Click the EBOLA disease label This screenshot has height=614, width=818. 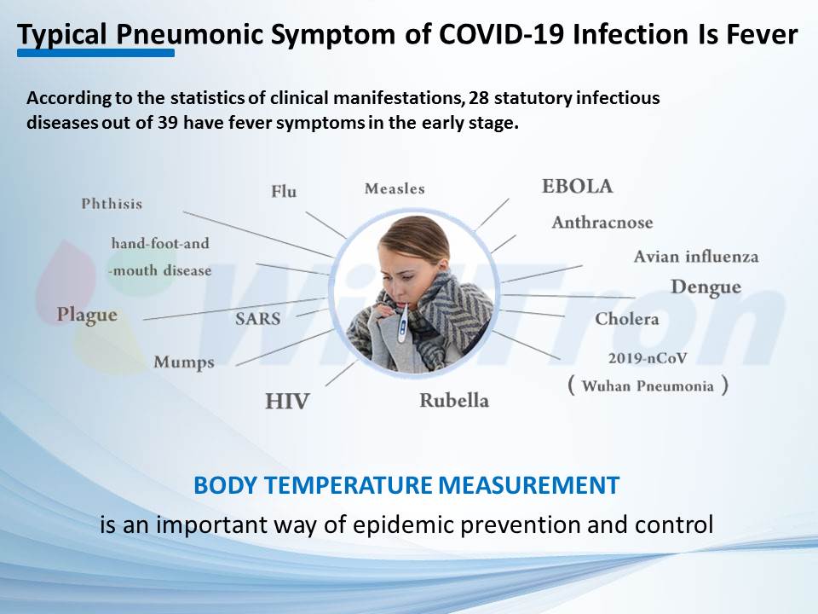point(577,187)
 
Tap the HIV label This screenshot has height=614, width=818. point(287,402)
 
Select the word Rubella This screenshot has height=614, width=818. point(454,401)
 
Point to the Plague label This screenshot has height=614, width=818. point(87,315)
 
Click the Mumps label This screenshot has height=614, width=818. point(184,362)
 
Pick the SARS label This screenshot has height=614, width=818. point(257,318)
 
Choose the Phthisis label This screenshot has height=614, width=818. point(112,204)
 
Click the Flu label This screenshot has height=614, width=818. point(284,191)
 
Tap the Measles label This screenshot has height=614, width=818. point(395,188)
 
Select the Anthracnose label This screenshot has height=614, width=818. point(602,223)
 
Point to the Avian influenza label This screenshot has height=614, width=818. point(696,257)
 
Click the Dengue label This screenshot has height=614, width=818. point(706,287)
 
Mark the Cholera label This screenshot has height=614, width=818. point(627,318)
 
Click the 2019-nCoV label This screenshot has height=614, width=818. point(648,358)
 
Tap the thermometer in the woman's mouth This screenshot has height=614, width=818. point(403,321)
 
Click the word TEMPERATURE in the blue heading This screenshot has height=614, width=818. point(349,485)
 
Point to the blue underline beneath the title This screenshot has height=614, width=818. point(96,53)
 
